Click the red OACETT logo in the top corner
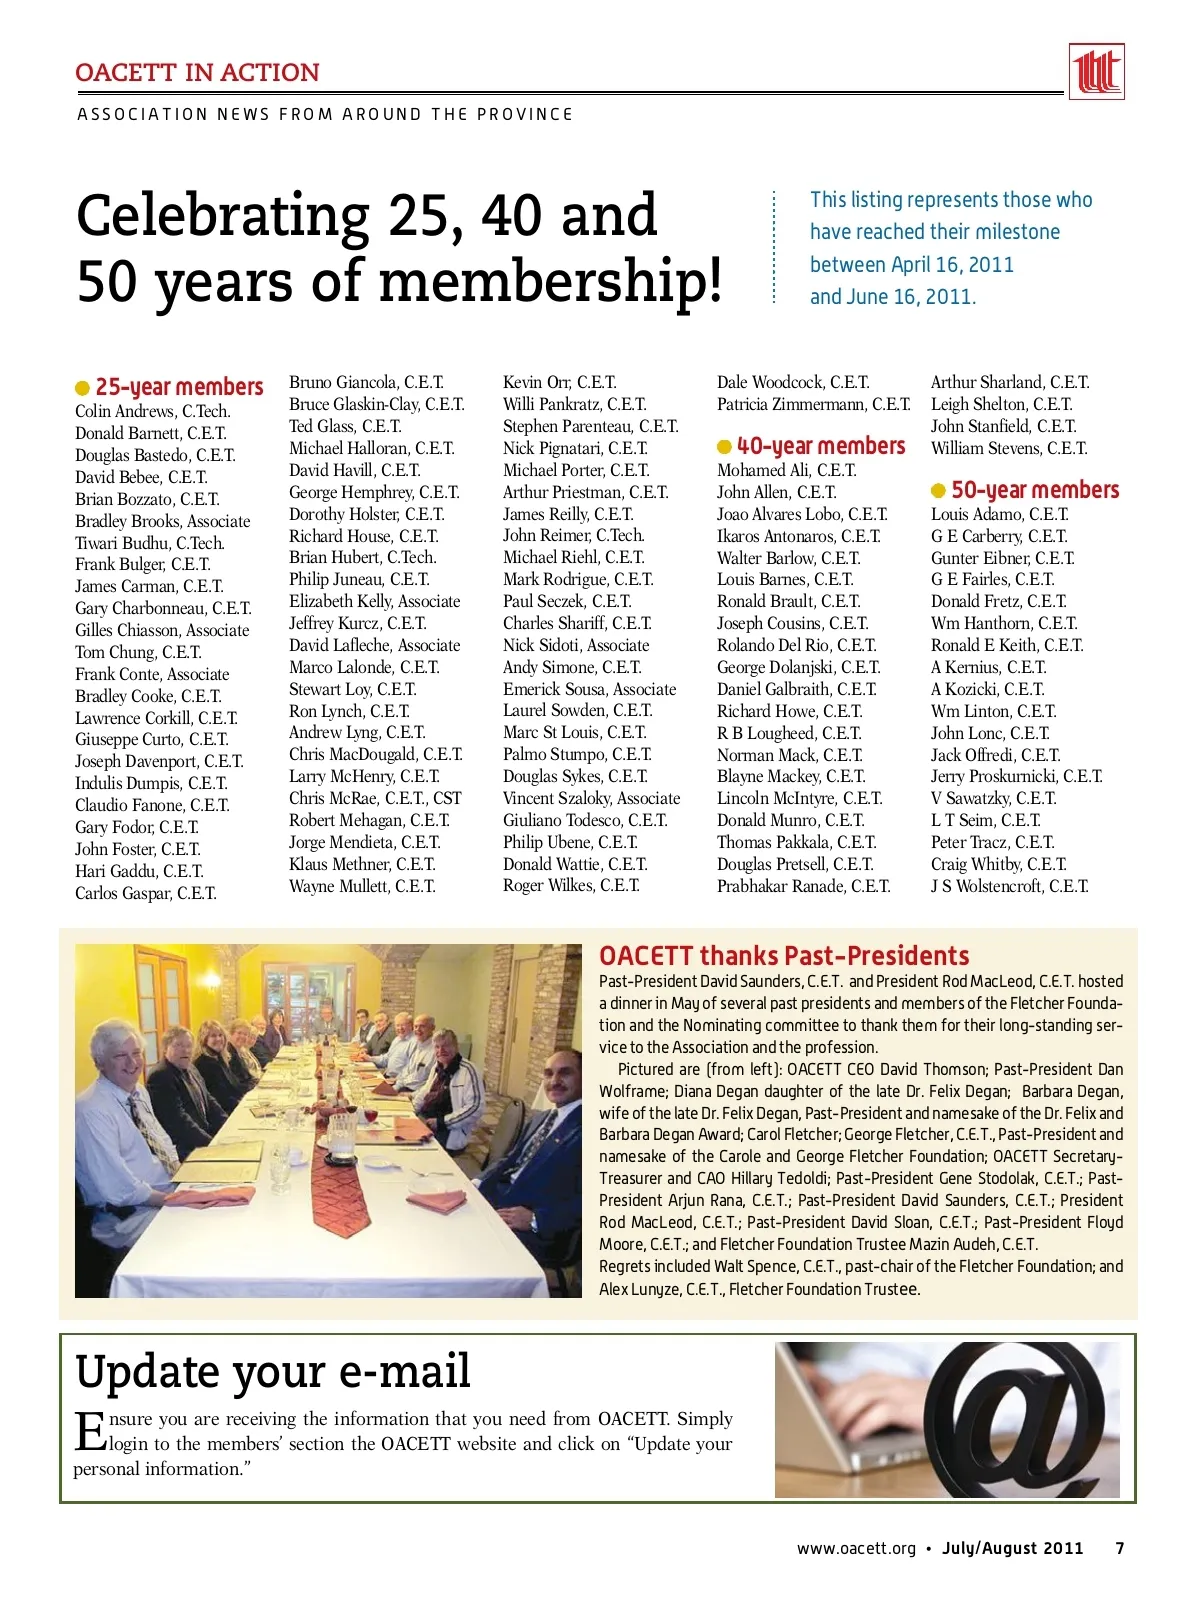tap(1096, 72)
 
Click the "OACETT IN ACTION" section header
tap(197, 73)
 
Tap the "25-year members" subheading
tap(179, 387)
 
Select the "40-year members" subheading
tap(820, 446)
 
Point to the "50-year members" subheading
tap(1034, 490)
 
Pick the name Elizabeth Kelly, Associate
tap(374, 601)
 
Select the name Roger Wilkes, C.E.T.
tap(571, 885)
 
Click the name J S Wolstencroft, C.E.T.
tap(1009, 886)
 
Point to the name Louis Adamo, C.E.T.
tap(999, 514)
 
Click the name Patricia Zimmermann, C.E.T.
tap(813, 404)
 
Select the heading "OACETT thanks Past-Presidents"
tap(784, 955)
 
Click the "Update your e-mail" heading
tap(272, 1370)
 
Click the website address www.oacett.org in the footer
tap(856, 1548)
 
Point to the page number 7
tap(1120, 1548)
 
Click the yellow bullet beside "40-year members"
tap(724, 447)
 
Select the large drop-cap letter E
tap(90, 1431)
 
